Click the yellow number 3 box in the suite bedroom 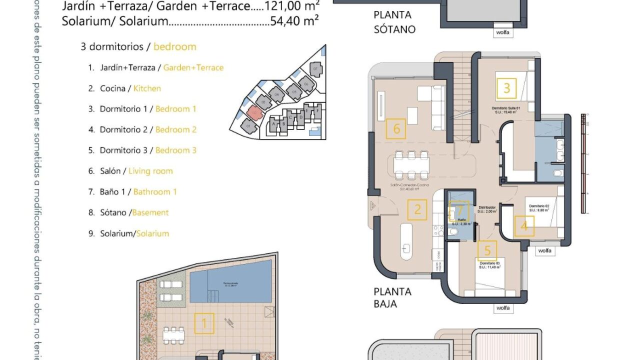(x=506, y=88)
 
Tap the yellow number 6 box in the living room (x=396, y=129)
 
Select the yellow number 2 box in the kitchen (x=417, y=210)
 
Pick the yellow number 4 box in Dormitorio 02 (x=524, y=226)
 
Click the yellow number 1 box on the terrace (x=204, y=323)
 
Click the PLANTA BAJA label (x=393, y=297)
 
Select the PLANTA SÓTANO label (x=395, y=22)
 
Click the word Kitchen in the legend (x=147, y=88)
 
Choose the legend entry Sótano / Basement (x=128, y=212)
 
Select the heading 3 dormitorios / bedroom (x=138, y=47)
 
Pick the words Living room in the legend (x=150, y=171)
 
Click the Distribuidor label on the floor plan (x=486, y=207)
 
